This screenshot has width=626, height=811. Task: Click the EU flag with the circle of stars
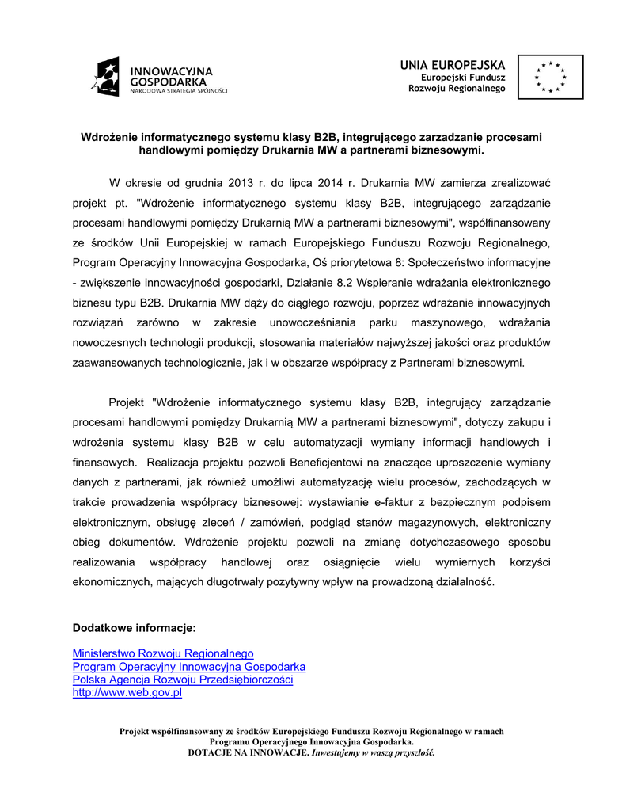tap(550, 77)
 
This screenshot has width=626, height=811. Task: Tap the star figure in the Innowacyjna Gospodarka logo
tap(105, 77)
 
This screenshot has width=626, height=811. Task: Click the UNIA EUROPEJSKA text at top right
tap(452, 64)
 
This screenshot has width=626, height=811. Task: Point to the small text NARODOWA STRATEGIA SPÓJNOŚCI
tap(179, 91)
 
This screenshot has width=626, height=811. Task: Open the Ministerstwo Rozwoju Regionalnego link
tap(163, 653)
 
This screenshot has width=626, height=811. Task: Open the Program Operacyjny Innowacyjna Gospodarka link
tap(189, 667)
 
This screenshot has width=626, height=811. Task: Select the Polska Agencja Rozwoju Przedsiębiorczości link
tap(183, 680)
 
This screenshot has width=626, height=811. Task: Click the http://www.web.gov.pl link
tap(127, 692)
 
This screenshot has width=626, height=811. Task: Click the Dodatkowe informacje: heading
tap(134, 628)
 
